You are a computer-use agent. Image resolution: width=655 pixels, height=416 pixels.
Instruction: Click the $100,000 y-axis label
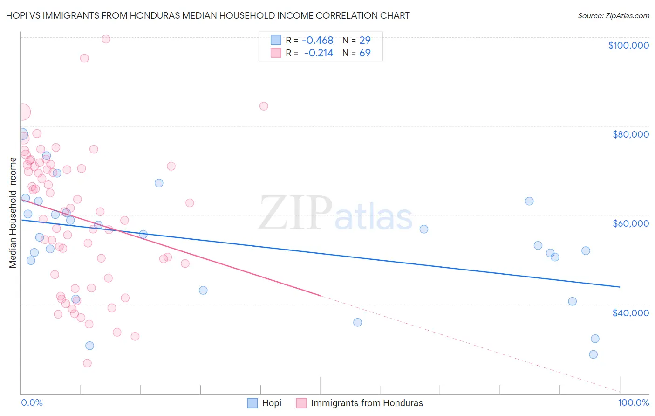(x=628, y=45)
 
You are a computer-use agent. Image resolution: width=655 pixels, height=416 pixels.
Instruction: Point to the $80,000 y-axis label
(x=630, y=134)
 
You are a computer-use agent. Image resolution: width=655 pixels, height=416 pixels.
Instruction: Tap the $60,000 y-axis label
(x=630, y=223)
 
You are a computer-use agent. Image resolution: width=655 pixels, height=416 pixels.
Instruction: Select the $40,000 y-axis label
(x=630, y=313)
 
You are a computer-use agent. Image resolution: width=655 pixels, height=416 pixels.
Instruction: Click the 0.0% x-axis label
(x=32, y=402)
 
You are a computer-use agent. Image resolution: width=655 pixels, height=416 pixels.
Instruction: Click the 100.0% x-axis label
(x=633, y=402)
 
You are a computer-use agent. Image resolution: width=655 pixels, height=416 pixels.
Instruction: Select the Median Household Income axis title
(x=13, y=213)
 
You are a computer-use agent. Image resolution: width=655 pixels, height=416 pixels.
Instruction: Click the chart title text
(x=208, y=15)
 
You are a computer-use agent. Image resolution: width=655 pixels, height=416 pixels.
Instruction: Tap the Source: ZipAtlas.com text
(x=613, y=15)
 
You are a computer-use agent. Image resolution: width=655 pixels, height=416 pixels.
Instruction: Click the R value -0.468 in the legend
(x=318, y=41)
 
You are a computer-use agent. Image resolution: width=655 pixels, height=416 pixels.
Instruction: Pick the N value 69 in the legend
(x=365, y=53)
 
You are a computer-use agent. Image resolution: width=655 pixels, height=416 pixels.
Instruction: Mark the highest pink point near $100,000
(x=106, y=39)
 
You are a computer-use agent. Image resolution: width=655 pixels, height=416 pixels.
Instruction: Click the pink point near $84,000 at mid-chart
(x=264, y=106)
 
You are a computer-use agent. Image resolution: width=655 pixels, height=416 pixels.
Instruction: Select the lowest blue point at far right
(x=593, y=354)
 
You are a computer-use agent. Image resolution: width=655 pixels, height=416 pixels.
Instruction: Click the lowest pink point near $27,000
(x=87, y=363)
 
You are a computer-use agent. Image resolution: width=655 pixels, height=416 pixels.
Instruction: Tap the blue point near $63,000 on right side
(x=529, y=201)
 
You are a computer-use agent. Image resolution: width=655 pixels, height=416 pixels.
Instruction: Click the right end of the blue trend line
(x=620, y=287)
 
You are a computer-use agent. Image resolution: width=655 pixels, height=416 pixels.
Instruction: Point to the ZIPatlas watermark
(x=335, y=213)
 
